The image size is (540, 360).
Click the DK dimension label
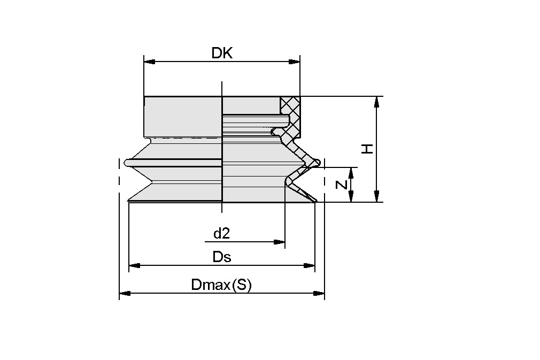coord(222,53)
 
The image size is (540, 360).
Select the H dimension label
coord(367,148)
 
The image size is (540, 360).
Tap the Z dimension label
coord(342,185)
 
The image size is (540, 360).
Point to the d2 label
coord(221,233)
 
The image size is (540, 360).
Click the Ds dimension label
coord(221,257)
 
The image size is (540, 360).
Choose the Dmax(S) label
coord(221,285)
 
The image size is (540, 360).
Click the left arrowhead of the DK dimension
coord(150,62)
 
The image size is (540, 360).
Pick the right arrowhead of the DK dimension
coord(294,62)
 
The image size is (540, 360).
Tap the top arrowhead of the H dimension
coord(377,102)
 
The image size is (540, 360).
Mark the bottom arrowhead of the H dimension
coord(377,196)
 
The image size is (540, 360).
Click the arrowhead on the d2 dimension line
coord(279,242)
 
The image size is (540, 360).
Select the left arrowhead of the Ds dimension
coord(134,265)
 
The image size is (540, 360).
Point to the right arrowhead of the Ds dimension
coord(309,265)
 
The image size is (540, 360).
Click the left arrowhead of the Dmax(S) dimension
coord(125,293)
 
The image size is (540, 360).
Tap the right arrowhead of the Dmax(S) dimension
coord(319,293)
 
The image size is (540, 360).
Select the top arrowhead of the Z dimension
coord(351,173)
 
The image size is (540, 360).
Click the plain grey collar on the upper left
coord(182,115)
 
